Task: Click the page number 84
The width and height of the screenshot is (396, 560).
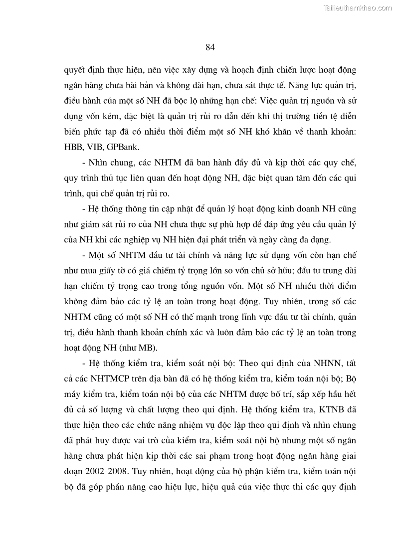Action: (209, 47)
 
